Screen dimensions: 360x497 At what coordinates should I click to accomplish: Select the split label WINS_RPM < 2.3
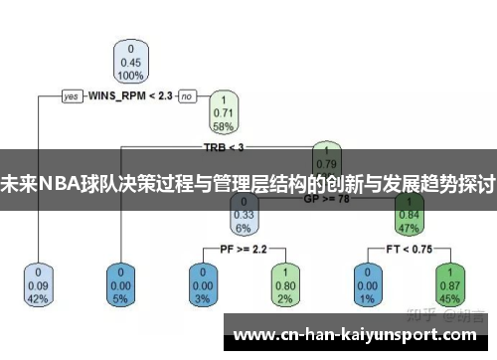point(130,96)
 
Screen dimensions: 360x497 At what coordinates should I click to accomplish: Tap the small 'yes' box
point(72,96)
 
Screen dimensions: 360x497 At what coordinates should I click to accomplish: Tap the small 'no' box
point(187,96)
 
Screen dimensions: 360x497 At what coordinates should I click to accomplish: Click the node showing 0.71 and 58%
point(224,112)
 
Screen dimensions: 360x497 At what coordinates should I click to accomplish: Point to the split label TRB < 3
point(224,147)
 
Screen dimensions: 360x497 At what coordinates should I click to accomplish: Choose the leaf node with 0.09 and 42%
point(38,284)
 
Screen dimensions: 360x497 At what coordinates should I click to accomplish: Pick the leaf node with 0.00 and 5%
point(121,284)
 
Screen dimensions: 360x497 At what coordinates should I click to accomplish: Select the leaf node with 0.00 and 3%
point(203,284)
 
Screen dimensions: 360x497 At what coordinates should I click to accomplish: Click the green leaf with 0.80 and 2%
point(284,284)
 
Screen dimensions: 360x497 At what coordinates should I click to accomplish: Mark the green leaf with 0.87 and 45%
point(448,284)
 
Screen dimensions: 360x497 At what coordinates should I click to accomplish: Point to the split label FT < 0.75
point(408,249)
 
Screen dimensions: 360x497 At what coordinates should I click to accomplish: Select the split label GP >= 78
point(326,198)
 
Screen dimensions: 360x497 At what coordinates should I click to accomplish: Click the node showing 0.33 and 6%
point(244,214)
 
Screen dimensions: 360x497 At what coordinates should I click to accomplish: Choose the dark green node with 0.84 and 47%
point(408,214)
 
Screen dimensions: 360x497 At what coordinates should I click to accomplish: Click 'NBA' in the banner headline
point(58,184)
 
